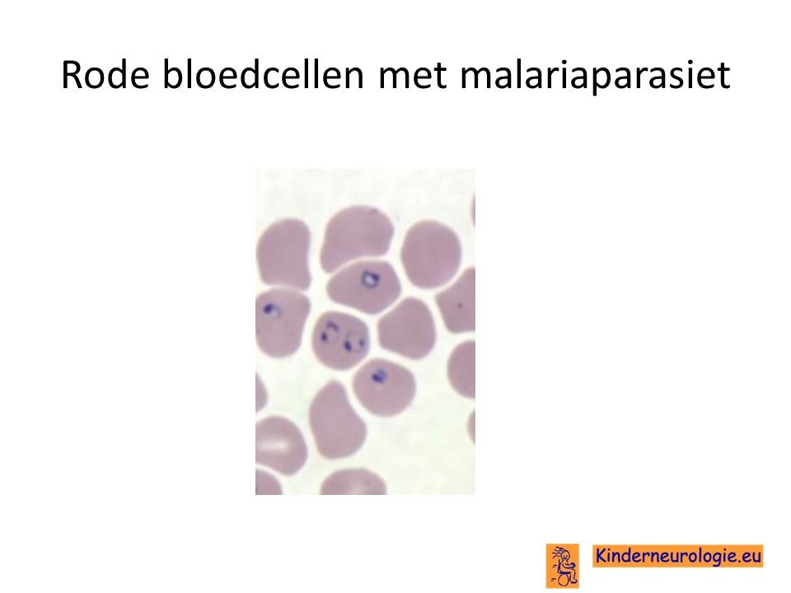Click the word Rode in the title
[x=105, y=75]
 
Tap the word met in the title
[x=412, y=76]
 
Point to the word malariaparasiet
[x=595, y=76]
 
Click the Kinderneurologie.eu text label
[x=677, y=556]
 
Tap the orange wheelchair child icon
[x=562, y=565]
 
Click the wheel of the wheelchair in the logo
[x=569, y=577]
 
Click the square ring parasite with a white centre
[x=369, y=278]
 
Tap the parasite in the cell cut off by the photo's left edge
[x=271, y=310]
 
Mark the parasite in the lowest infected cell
[x=378, y=376]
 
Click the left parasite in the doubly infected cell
[x=329, y=334]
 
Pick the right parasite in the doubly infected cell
[x=353, y=341]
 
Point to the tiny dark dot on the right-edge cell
[x=460, y=305]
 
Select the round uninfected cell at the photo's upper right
[x=432, y=254]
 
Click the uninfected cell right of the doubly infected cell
[x=407, y=329]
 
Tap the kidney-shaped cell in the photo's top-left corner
[x=283, y=254]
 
